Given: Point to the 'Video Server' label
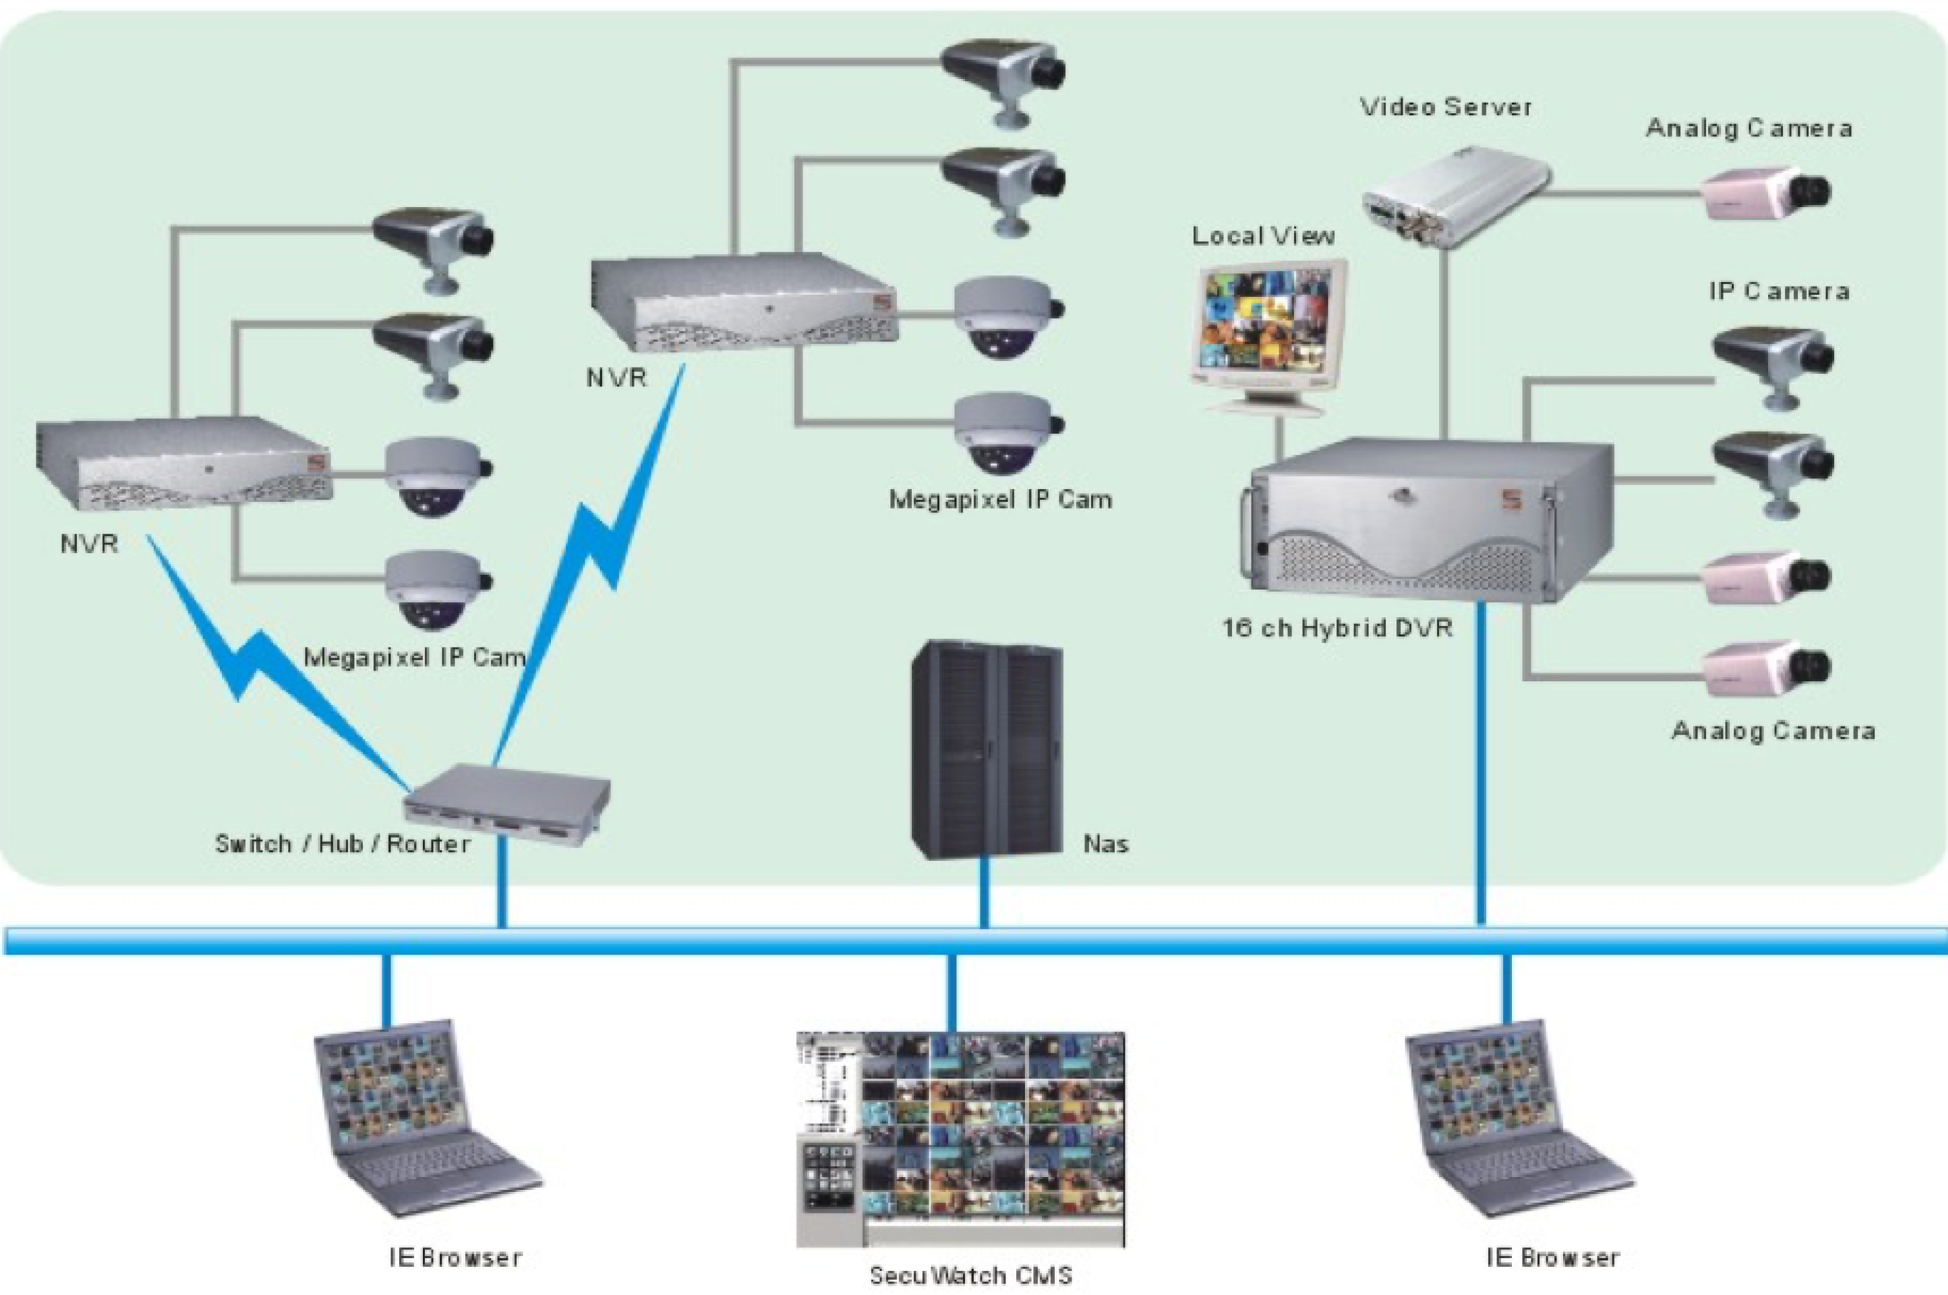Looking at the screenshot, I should tap(1445, 107).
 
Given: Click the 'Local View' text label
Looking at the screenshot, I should tap(1263, 236).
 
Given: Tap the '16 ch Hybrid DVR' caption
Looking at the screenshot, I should tap(1337, 629).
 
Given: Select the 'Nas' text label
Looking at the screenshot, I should tap(1105, 844).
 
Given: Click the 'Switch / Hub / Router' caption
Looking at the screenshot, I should tap(342, 844).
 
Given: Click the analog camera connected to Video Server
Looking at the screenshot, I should tap(1767, 194).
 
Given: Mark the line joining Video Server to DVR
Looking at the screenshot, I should tap(1445, 347).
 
